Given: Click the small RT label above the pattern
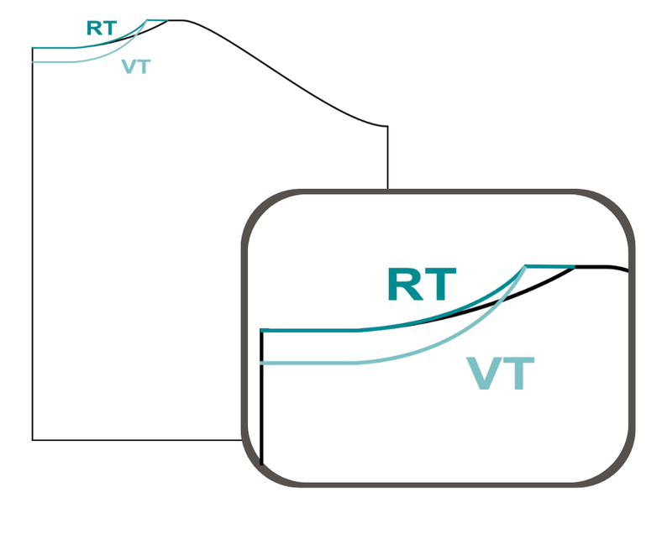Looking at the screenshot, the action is [x=102, y=29].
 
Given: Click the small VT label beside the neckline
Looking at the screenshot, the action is [x=136, y=66].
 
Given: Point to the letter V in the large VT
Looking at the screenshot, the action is [x=485, y=373].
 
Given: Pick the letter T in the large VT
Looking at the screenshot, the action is [x=519, y=373].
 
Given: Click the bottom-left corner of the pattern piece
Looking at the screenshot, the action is [x=33, y=440].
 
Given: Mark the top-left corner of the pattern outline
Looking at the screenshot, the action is [x=33, y=48].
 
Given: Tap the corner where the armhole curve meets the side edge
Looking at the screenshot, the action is [x=387, y=126].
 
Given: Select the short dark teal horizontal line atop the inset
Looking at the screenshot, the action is [x=549, y=266].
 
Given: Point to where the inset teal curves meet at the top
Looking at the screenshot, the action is [x=526, y=266].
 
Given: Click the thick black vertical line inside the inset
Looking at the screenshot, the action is [x=262, y=397].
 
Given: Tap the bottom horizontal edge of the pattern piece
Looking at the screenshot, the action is [x=137, y=440].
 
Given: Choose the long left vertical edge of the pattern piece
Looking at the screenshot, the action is [x=33, y=244].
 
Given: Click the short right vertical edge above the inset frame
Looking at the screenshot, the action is [x=387, y=157].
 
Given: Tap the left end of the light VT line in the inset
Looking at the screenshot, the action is [x=261, y=363].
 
